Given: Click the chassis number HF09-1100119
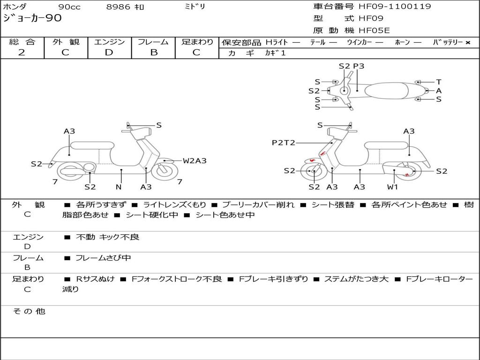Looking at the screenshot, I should point(395,7).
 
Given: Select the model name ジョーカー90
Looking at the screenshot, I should point(32,18).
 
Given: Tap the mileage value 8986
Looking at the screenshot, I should point(118,7).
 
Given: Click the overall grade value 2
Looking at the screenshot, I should point(22,52).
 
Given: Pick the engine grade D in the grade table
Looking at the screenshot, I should point(109,52).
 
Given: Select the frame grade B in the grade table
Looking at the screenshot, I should point(153,52).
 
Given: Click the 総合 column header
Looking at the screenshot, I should point(22,42).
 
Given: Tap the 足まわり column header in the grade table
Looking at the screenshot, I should point(197,42).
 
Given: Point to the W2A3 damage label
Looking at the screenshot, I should point(195,161).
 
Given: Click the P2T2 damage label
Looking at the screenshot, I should point(283,143).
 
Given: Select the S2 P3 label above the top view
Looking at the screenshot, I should point(351,66).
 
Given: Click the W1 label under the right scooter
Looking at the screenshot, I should point(392,187).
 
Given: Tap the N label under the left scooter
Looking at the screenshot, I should point(119,187).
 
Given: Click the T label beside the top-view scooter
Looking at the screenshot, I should point(439,82).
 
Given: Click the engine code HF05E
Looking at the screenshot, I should point(374,30).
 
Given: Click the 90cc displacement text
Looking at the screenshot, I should point(69,7).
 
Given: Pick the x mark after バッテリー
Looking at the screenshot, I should point(468,43).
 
